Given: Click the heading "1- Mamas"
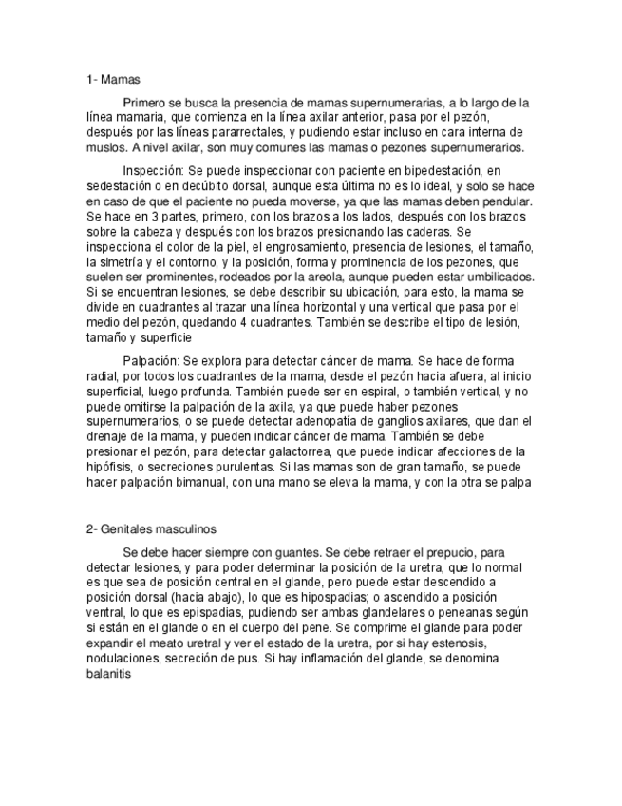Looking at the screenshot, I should [x=113, y=80].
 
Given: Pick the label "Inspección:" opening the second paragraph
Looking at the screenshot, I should [x=155, y=171].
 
